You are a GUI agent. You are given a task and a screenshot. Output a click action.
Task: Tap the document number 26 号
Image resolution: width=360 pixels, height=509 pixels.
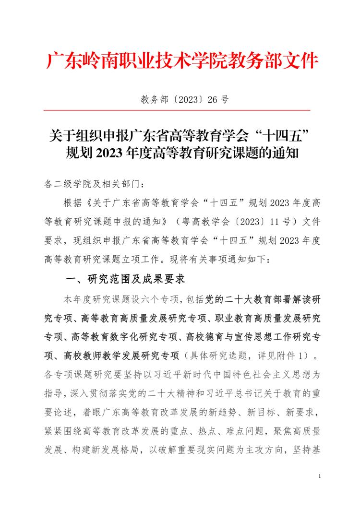(218, 100)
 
